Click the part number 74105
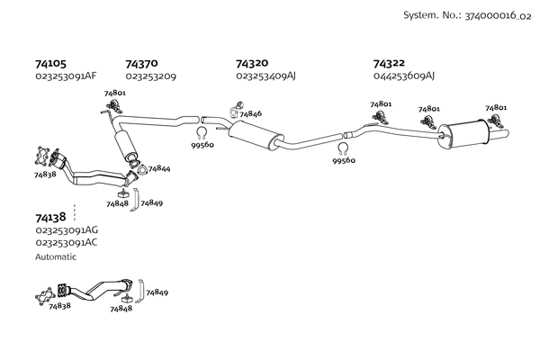[50, 64]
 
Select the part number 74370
[141, 64]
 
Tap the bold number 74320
[252, 64]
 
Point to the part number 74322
[390, 64]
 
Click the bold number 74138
[50, 217]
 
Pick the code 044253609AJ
[403, 76]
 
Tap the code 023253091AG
[66, 230]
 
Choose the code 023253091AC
[66, 243]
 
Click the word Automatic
[56, 256]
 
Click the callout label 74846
[250, 114]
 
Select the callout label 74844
[159, 168]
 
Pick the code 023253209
[150, 77]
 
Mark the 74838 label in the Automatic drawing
[59, 307]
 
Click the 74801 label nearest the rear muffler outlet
[496, 108]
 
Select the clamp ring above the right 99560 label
[343, 148]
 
